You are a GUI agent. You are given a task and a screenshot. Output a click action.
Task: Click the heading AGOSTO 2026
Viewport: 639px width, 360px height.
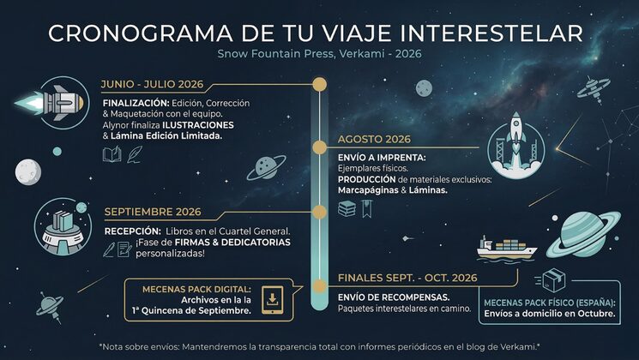[375, 139]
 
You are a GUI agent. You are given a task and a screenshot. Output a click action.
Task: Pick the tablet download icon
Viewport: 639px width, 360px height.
[273, 299]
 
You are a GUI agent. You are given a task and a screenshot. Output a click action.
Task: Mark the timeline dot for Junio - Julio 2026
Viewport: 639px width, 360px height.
[319, 85]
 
